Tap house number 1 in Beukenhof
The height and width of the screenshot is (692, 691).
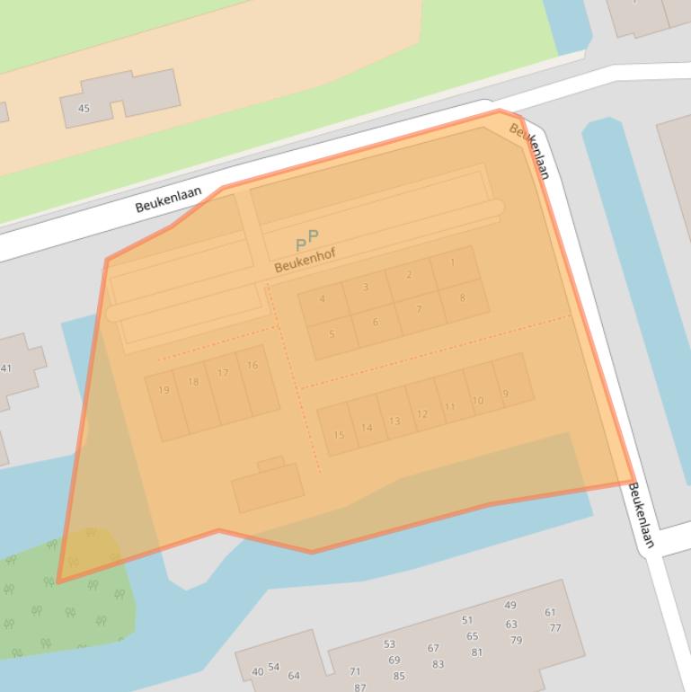pyautogui.click(x=453, y=263)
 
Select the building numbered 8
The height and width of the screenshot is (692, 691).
pyautogui.click(x=463, y=298)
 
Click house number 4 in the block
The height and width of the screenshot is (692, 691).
pyautogui.click(x=322, y=299)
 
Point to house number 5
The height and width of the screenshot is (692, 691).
pyautogui.click(x=332, y=334)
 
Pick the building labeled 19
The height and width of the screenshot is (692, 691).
pyautogui.click(x=164, y=390)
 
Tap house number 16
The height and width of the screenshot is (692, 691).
pyautogui.click(x=252, y=366)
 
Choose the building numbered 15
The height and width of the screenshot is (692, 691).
pyautogui.click(x=339, y=436)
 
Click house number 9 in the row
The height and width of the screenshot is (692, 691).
pyautogui.click(x=506, y=394)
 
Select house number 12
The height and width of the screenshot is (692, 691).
pyautogui.click(x=422, y=414)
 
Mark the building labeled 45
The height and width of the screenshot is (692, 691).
pyautogui.click(x=84, y=109)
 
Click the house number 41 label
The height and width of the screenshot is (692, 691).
pyautogui.click(x=6, y=368)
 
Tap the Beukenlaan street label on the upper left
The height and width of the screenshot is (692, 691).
pyautogui.click(x=168, y=200)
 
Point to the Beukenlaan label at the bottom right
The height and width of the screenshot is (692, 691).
pyautogui.click(x=642, y=516)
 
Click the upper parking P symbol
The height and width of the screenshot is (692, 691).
pyautogui.click(x=313, y=236)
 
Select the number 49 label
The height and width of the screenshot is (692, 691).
pyautogui.click(x=510, y=606)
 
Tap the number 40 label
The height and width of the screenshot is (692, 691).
pyautogui.click(x=258, y=671)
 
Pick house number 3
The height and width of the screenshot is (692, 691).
pyautogui.click(x=366, y=288)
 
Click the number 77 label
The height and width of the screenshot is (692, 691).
pyautogui.click(x=554, y=628)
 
